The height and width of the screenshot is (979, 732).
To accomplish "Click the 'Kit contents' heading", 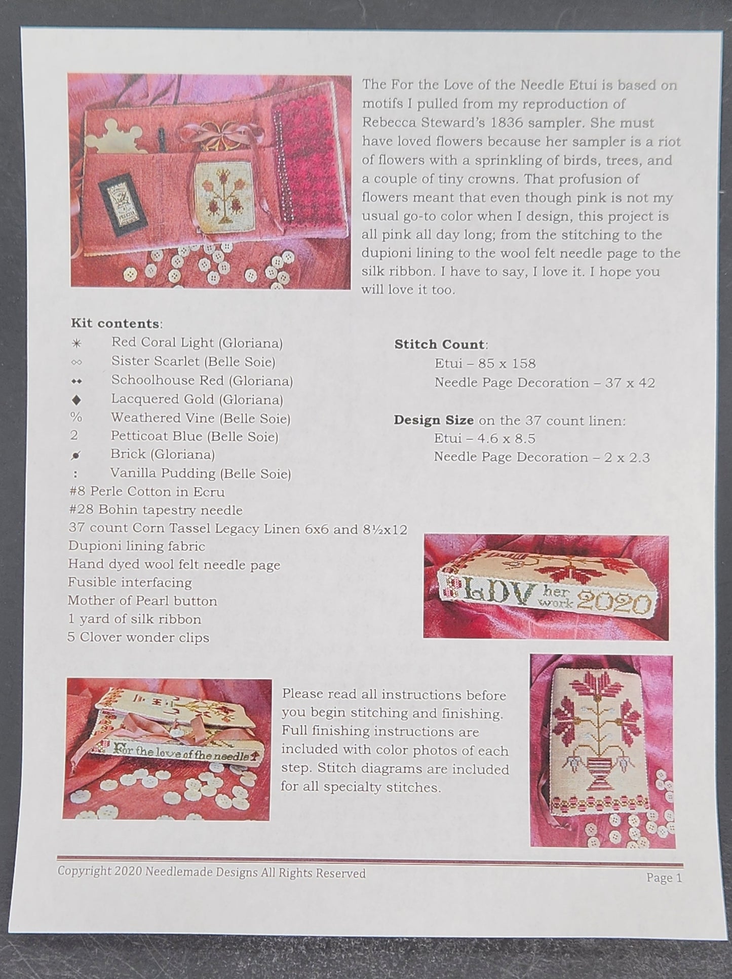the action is pyautogui.click(x=115, y=323).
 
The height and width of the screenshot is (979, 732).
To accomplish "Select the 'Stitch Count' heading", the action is pyautogui.click(x=439, y=345).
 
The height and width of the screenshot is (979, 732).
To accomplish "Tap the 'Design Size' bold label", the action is pyautogui.click(x=434, y=420).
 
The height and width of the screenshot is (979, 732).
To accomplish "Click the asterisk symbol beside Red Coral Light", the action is pyautogui.click(x=76, y=344).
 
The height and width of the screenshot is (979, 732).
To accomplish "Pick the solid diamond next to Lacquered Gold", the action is pyautogui.click(x=76, y=400).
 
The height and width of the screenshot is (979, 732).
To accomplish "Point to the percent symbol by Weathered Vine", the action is pyautogui.click(x=76, y=418).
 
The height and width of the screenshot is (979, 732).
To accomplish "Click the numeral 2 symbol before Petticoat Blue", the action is pyautogui.click(x=75, y=436).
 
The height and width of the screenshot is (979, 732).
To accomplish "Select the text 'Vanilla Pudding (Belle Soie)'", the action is pyautogui.click(x=201, y=474).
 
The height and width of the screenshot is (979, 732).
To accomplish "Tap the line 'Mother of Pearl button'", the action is pyautogui.click(x=142, y=601).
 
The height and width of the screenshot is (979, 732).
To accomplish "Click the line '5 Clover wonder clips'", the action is pyautogui.click(x=138, y=637).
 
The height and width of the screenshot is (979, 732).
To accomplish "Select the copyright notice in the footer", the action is pyautogui.click(x=211, y=873).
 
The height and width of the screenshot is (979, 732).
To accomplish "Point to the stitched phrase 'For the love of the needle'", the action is pyautogui.click(x=181, y=757).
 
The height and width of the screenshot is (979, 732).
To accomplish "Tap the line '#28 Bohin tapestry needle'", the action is pyautogui.click(x=156, y=510).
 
